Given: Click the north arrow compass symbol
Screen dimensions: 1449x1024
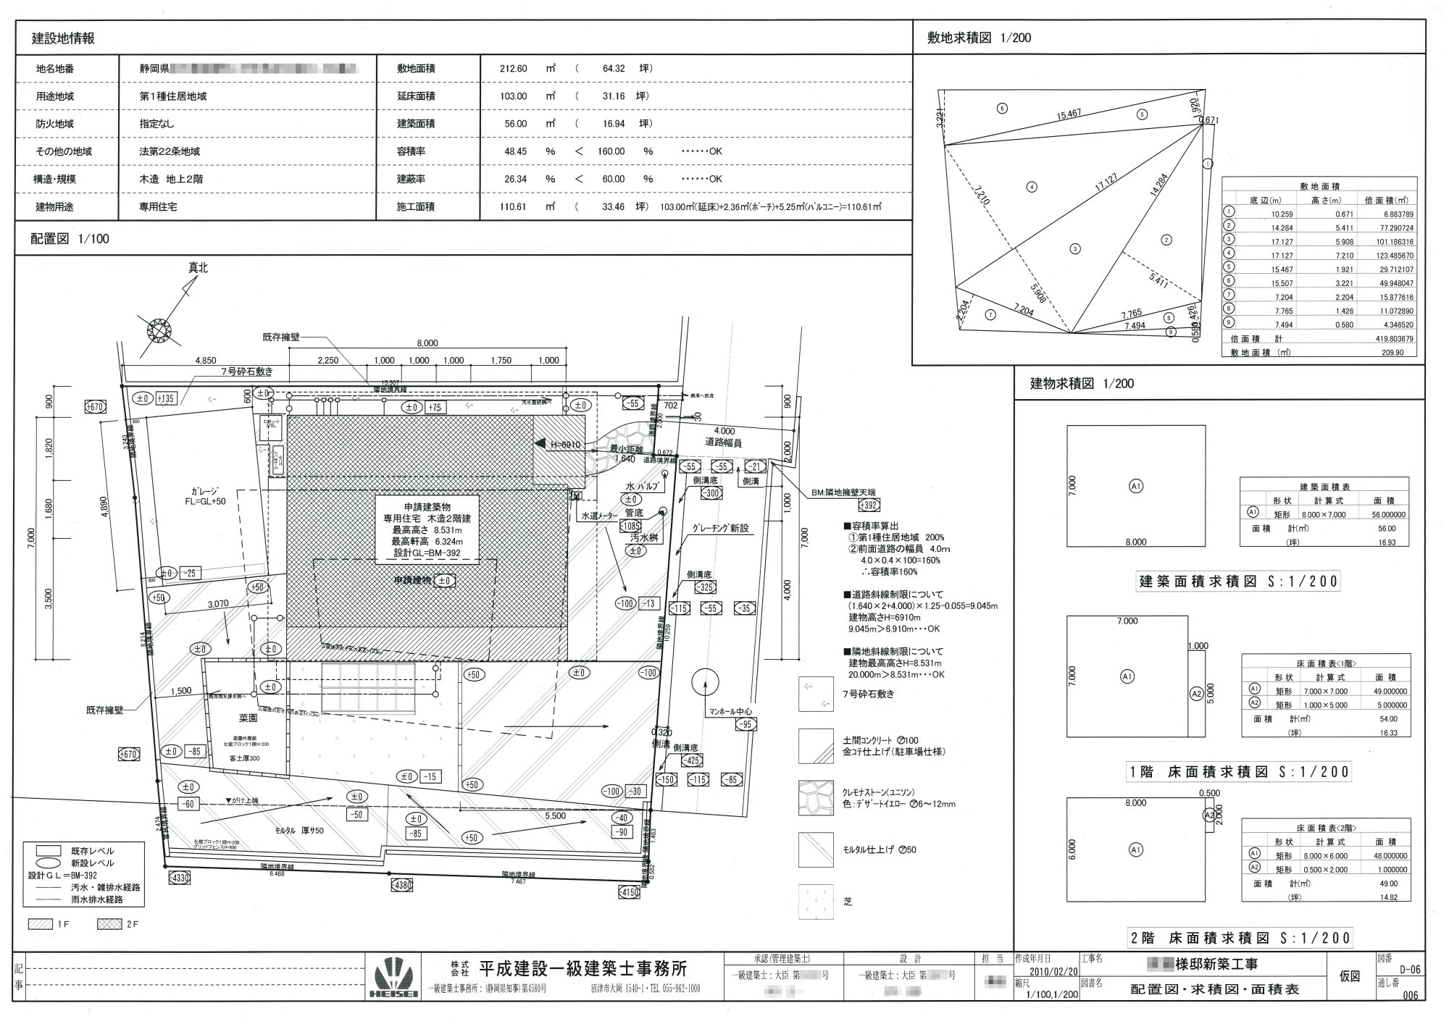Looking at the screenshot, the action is click(x=160, y=332).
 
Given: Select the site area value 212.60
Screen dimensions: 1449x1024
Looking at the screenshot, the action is click(x=513, y=69).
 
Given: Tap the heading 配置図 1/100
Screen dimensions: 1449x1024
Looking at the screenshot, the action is click(x=70, y=239).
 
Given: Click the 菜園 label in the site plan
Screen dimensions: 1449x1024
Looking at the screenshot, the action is click(x=248, y=719).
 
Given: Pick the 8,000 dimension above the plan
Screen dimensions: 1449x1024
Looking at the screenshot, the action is click(x=427, y=343).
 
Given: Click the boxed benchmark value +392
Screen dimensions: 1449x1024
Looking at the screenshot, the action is click(x=870, y=505).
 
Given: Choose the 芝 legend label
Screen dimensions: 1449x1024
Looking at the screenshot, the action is click(x=848, y=902).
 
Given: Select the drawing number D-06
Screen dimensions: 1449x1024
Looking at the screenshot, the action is click(x=1409, y=969).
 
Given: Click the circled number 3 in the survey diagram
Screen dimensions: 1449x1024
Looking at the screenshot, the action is click(x=1075, y=249).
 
